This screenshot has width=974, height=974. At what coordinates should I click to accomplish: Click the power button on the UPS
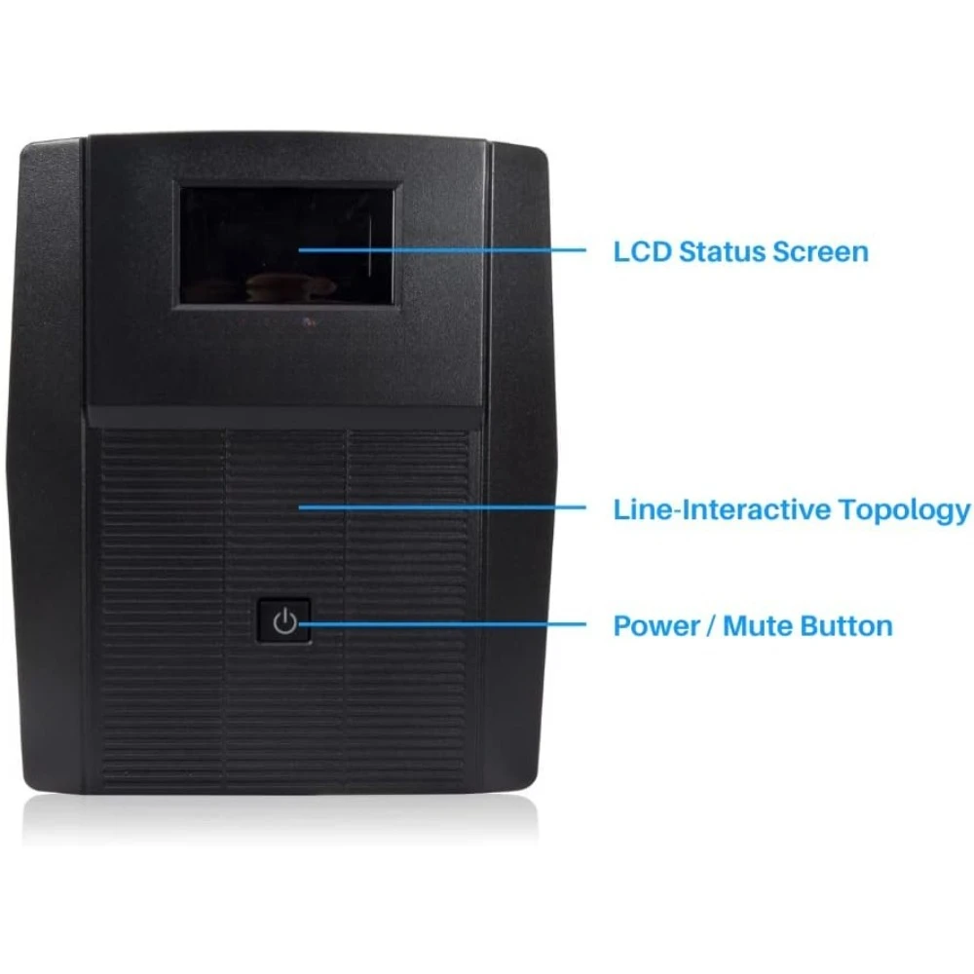(284, 621)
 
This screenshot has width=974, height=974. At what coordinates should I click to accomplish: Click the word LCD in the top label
(642, 251)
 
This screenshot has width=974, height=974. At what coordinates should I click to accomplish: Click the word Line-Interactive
(723, 509)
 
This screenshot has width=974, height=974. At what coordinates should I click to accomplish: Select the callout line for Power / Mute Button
(448, 623)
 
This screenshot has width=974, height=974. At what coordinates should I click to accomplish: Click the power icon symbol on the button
(284, 621)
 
